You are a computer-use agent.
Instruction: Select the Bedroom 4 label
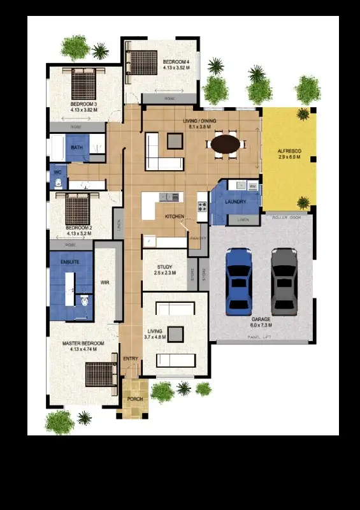pos(176,62)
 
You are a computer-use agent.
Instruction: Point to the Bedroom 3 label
pos(83,104)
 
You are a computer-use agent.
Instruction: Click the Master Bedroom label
pos(83,344)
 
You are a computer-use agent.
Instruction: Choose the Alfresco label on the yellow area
pos(289,151)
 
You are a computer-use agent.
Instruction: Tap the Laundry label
pos(236,203)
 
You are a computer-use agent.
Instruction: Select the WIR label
pos(106,282)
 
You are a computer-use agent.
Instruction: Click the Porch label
pos(135,399)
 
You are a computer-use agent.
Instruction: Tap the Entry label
pos(131,359)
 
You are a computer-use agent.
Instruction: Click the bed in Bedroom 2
pos(77,209)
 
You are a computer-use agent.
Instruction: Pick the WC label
pos(57,172)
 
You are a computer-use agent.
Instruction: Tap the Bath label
pos(76,148)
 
